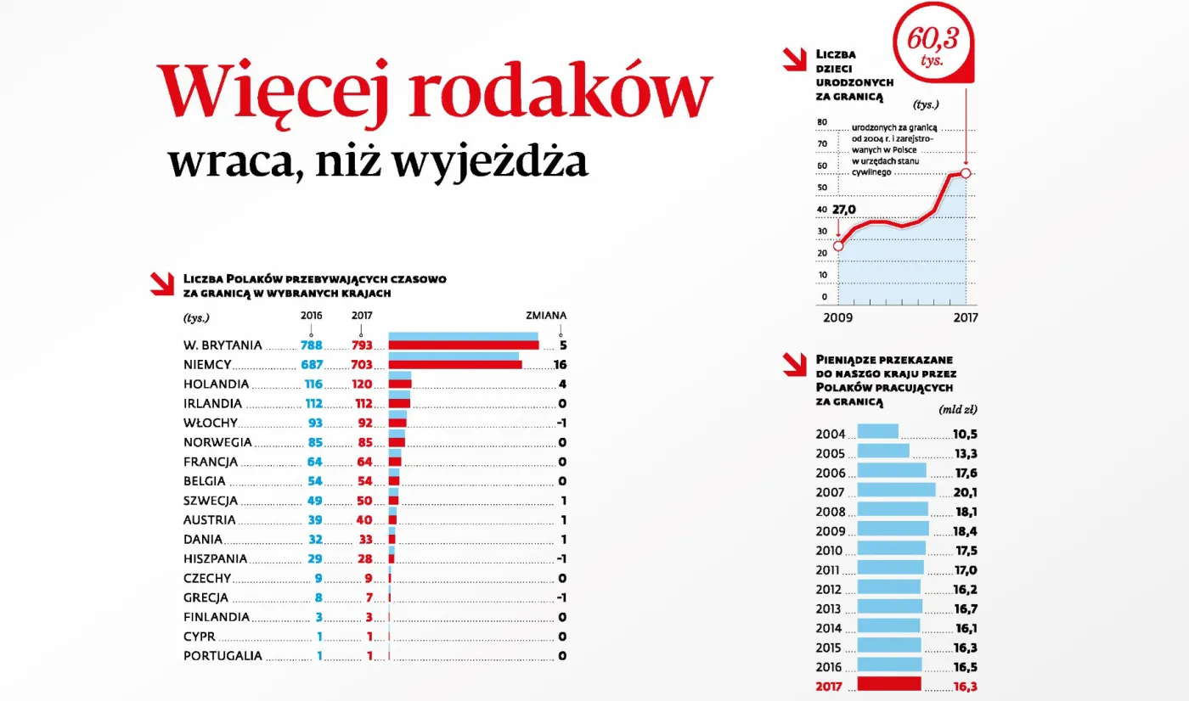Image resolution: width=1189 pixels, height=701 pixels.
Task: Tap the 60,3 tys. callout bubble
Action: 930,42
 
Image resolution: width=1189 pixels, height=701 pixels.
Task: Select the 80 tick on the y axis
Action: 822,122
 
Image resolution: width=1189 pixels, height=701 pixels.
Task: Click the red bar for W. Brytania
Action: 464,345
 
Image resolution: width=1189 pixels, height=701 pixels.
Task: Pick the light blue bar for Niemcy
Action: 454,356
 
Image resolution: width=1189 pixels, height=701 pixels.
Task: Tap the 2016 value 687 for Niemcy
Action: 311,364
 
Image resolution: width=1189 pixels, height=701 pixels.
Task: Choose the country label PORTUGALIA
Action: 223,656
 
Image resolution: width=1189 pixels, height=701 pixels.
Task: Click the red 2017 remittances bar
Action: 889,684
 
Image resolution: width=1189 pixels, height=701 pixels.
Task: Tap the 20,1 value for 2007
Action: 965,492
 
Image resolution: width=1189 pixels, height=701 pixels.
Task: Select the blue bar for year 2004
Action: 877,431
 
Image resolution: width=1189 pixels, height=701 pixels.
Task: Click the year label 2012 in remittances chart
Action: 830,590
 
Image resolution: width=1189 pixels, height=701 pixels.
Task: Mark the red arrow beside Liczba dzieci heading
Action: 794,59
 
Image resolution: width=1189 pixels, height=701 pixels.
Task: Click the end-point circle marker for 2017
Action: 966,173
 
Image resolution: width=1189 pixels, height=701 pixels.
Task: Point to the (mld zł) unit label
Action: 957,410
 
